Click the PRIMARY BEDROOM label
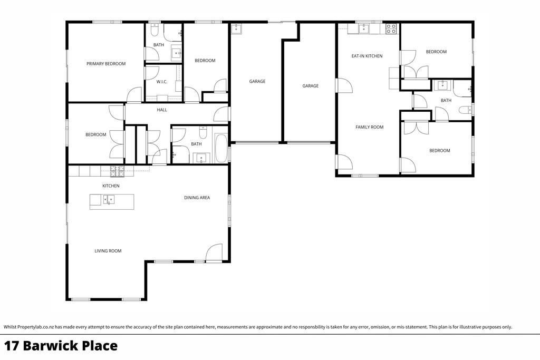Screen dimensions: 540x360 pyautogui.click(x=105, y=64)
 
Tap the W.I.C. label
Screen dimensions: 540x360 pyautogui.click(x=161, y=82)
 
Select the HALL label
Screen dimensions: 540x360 pyautogui.click(x=161, y=110)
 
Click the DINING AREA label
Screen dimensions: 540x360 pyautogui.click(x=197, y=198)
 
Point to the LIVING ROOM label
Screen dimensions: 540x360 pyautogui.click(x=108, y=251)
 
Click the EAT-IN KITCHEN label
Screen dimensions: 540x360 pyautogui.click(x=367, y=56)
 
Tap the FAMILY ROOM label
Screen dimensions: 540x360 pyautogui.click(x=369, y=127)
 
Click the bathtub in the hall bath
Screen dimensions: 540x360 pyautogui.click(x=220, y=148)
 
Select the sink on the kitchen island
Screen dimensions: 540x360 pyautogui.click(x=109, y=200)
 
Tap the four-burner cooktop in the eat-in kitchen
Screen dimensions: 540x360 pyautogui.click(x=391, y=28)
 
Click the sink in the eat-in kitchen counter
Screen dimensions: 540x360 pyautogui.click(x=364, y=28)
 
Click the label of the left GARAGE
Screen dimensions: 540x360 pyautogui.click(x=257, y=82)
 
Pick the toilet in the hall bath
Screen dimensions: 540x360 pyautogui.click(x=203, y=133)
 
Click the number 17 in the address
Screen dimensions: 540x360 pyautogui.click(x=12, y=346)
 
